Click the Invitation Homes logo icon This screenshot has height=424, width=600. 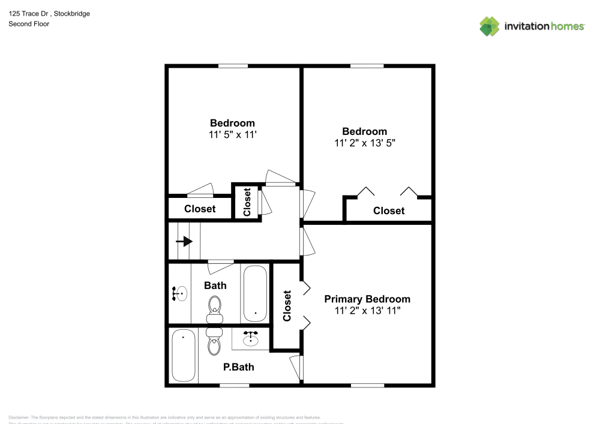tap(489, 26)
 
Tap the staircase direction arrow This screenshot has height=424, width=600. tap(185, 242)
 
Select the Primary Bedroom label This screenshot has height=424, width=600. tap(367, 299)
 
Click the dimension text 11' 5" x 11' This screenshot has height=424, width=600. tap(232, 135)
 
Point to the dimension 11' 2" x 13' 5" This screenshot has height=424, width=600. tap(364, 143)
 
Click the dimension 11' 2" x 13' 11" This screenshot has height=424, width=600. tap(367, 311)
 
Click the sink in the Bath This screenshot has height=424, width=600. tap(181, 294)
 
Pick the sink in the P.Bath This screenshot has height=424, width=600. tap(251, 339)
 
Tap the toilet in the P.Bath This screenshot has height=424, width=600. tap(214, 342)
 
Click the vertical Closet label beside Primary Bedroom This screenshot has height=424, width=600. tap(287, 305)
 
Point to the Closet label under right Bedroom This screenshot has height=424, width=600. tap(389, 211)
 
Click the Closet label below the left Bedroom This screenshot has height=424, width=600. tap(200, 209)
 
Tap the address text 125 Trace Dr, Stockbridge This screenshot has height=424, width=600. tap(49, 13)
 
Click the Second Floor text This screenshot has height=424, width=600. tap(29, 24)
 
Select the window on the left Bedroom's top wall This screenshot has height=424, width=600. tap(233, 66)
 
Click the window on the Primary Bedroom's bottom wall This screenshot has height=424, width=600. tap(367, 385)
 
